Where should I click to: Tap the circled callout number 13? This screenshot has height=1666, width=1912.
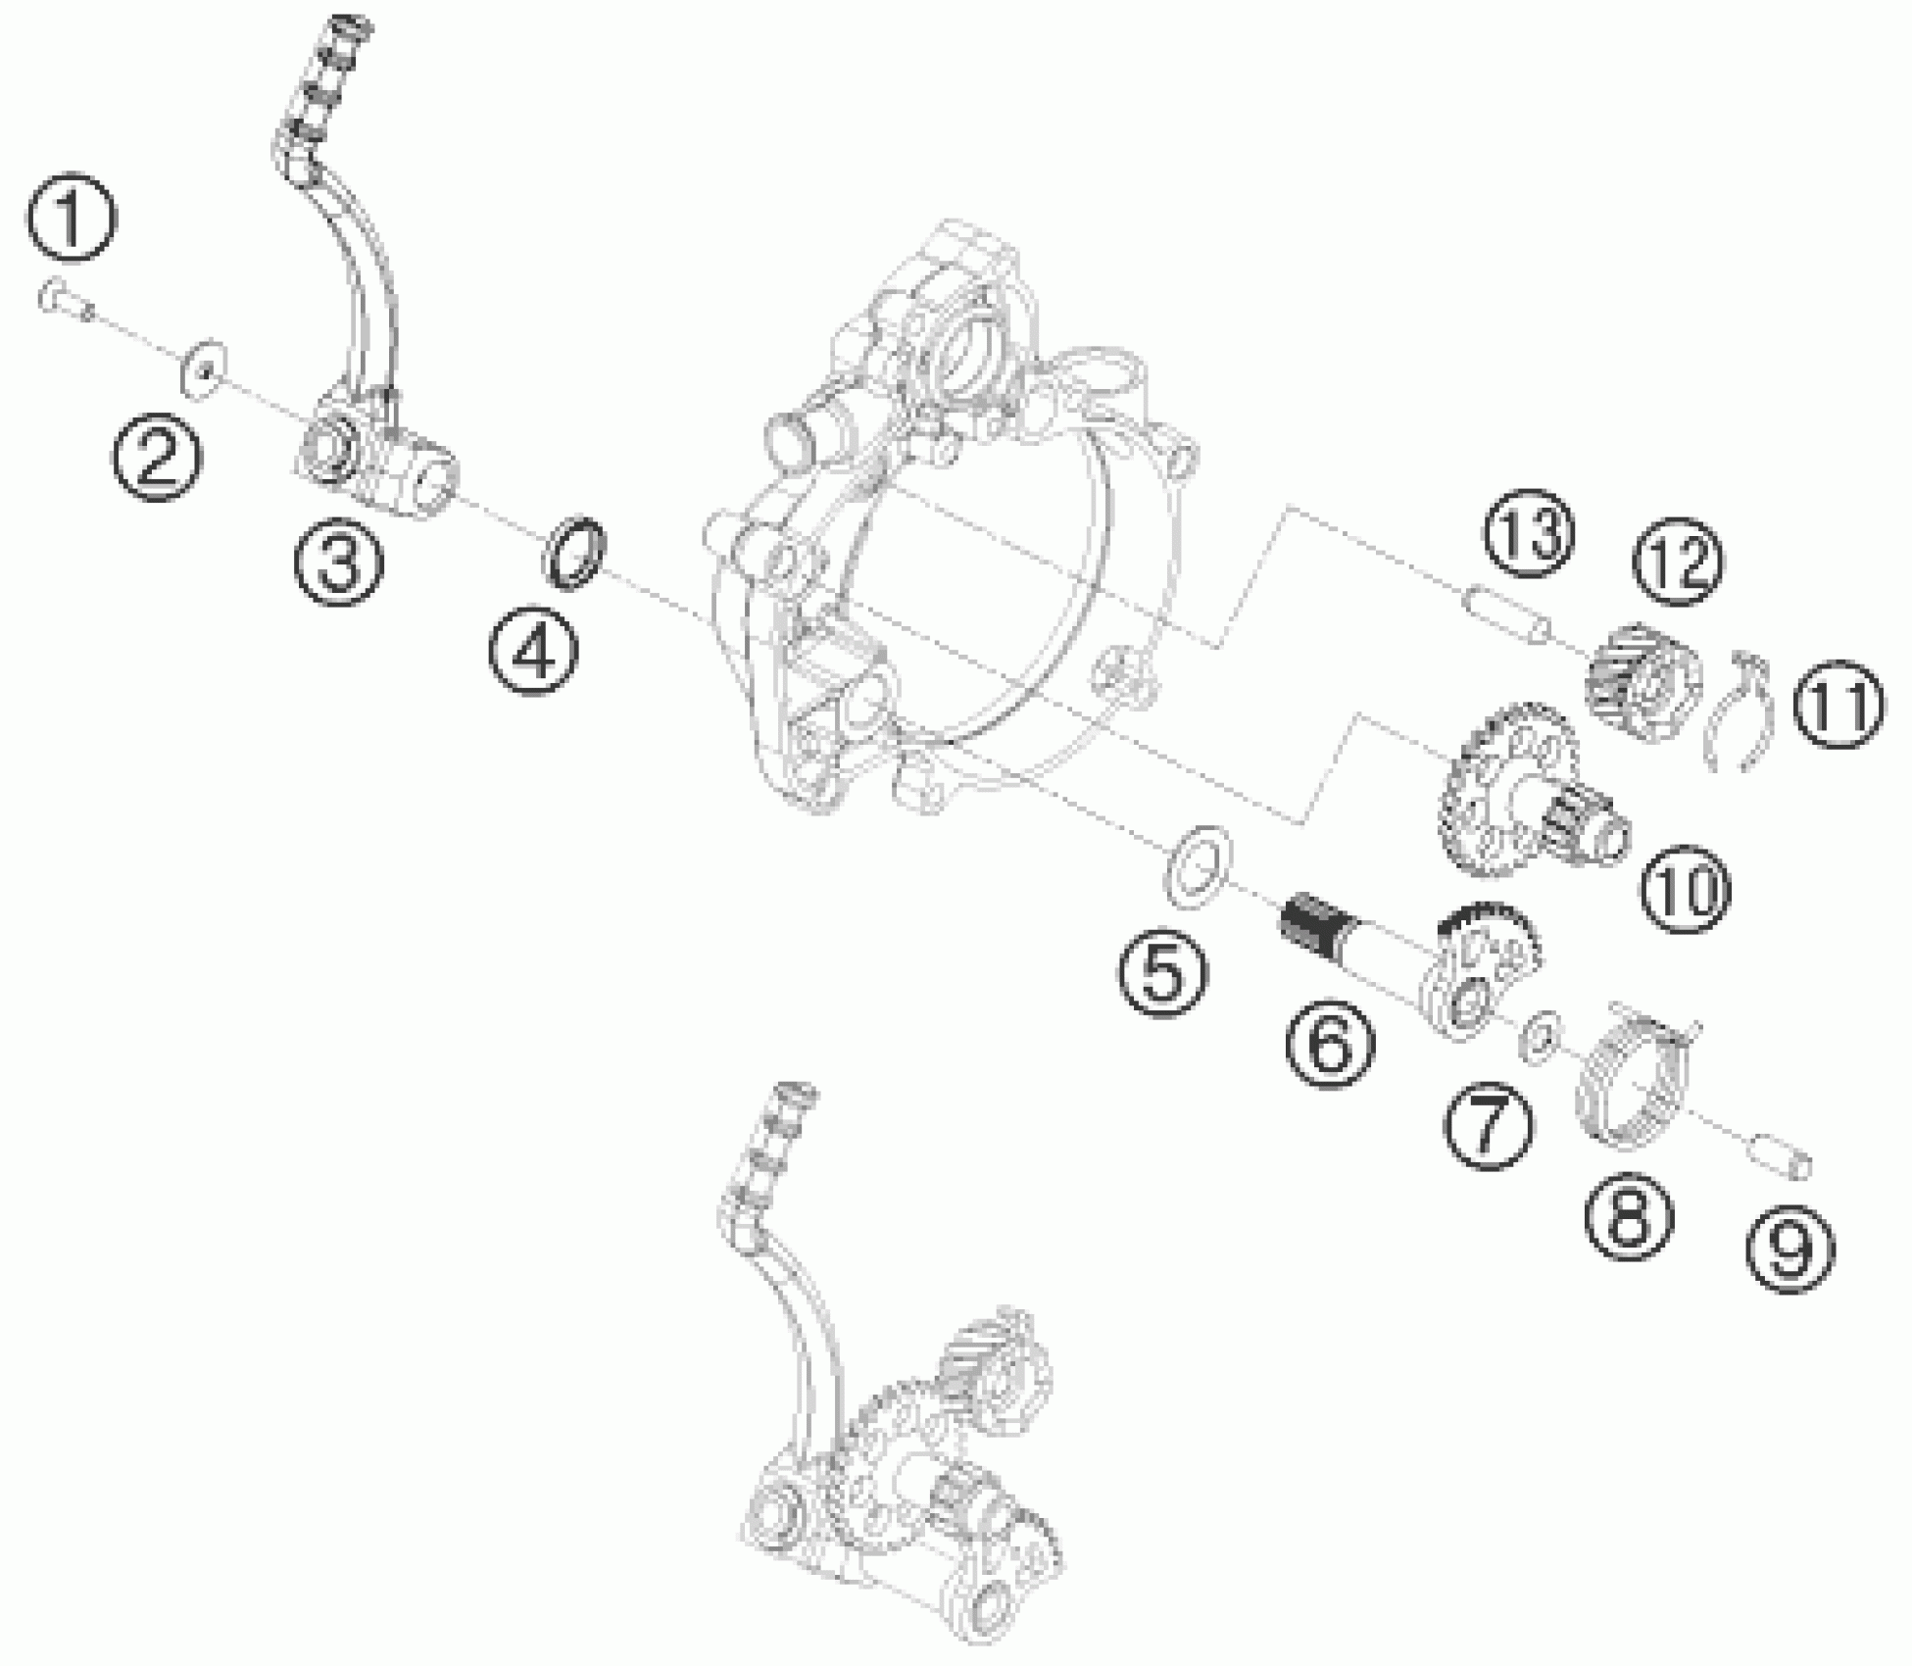(1529, 532)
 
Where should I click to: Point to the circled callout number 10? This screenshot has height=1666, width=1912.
(1688, 889)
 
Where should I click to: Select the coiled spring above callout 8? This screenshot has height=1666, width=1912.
(1635, 1078)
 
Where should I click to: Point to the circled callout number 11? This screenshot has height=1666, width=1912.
(1838, 706)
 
